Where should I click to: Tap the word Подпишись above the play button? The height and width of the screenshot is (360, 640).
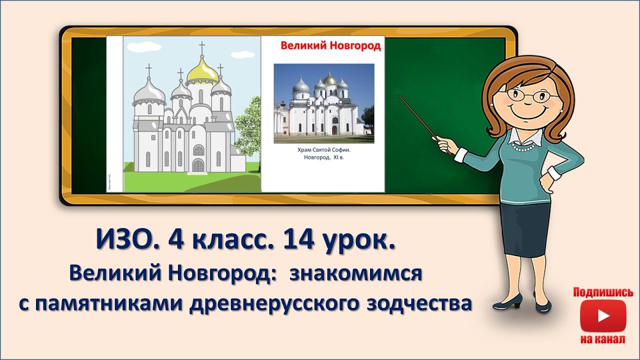pyautogui.click(x=603, y=292)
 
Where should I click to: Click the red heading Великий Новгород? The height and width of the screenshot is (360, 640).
pyautogui.click(x=330, y=46)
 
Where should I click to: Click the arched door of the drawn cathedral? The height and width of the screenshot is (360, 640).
pyautogui.click(x=198, y=164)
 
